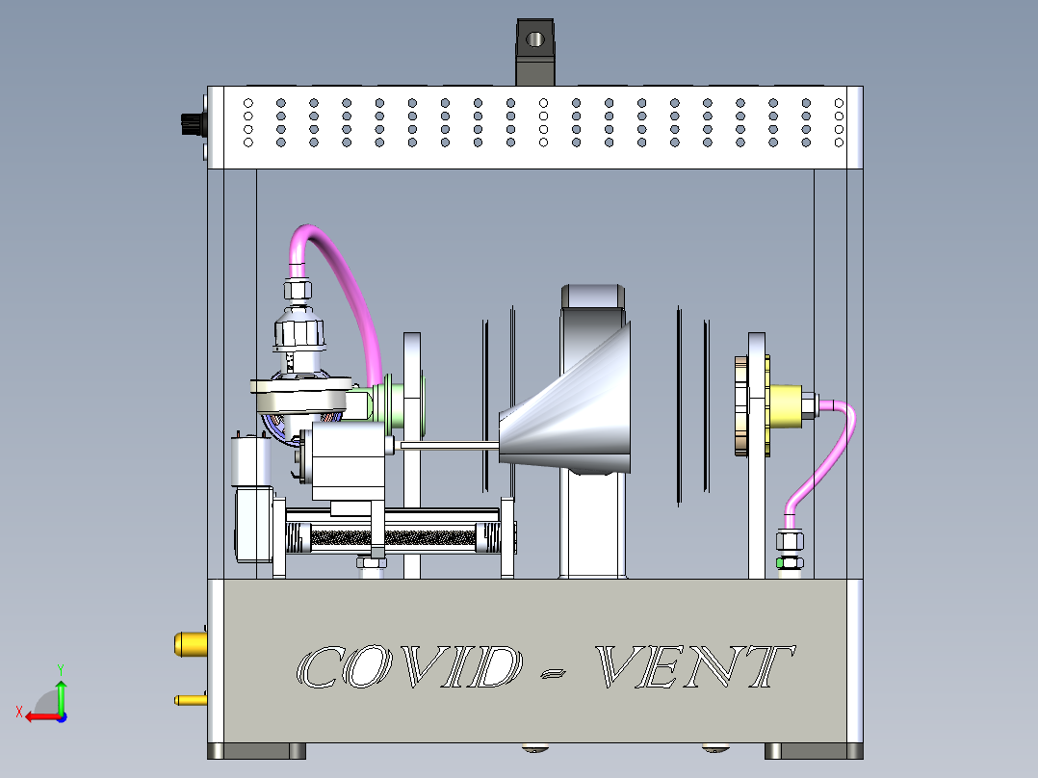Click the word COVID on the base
(405, 666)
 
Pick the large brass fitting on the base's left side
(190, 642)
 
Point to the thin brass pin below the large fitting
(189, 699)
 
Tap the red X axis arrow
(36, 715)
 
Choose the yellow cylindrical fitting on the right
(791, 405)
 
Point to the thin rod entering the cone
(448, 444)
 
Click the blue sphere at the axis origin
(61, 716)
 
